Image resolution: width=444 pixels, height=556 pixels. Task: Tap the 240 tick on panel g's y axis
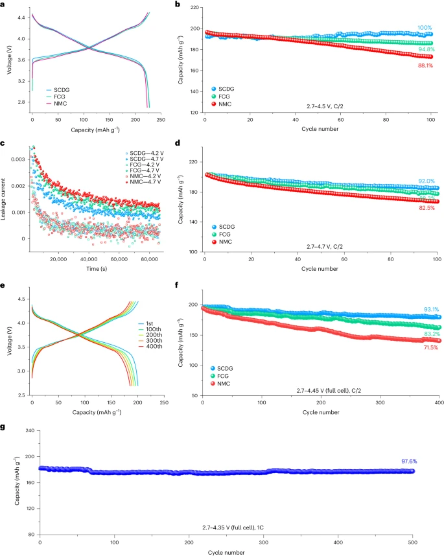point(29,430)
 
